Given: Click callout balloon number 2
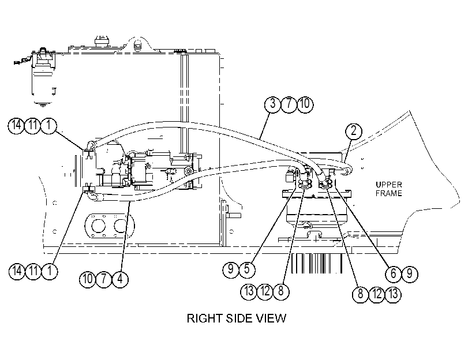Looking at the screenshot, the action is click(x=354, y=131).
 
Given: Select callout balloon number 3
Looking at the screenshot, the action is click(x=272, y=104).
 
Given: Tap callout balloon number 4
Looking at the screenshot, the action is click(x=120, y=279).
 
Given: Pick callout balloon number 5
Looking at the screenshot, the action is click(x=247, y=269).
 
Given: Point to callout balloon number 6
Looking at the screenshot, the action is click(x=394, y=273).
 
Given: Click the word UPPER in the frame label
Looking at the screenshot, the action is click(x=389, y=185).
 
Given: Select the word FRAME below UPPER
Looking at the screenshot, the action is click(x=389, y=193).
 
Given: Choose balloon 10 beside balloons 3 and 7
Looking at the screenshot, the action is click(x=305, y=104).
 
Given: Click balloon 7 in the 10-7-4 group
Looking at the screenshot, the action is click(x=103, y=279).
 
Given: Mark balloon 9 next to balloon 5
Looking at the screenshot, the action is click(x=231, y=269).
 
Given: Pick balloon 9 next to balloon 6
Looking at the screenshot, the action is click(x=410, y=273).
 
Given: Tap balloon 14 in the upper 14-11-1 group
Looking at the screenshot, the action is click(x=16, y=125).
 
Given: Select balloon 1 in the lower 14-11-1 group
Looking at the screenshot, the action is click(x=50, y=271).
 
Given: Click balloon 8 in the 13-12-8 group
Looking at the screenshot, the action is click(x=281, y=291).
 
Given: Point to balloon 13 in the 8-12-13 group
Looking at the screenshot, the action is click(x=393, y=294).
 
